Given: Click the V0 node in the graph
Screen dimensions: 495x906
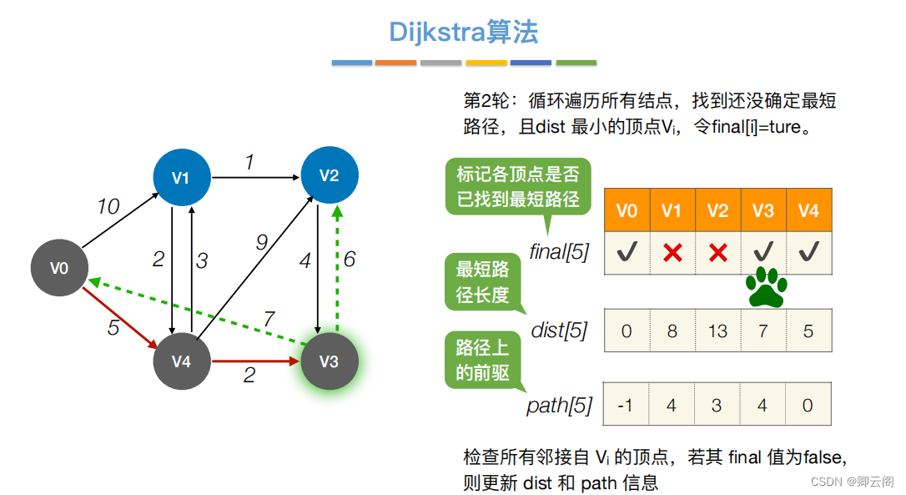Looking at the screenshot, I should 58,268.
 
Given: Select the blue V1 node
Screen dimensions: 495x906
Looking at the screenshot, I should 181,177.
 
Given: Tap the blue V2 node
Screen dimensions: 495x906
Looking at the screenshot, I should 330,175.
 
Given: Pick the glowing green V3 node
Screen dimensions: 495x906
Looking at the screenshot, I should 330,361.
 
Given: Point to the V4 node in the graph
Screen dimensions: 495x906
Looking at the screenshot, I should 181,361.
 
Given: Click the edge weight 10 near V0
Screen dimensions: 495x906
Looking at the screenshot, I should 108,206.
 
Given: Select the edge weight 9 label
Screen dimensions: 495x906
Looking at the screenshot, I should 261,243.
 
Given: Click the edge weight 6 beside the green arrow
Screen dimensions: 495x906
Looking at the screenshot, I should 349,259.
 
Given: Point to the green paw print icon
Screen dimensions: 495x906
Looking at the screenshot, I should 766,288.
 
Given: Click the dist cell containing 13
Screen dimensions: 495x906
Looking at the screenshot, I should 717,331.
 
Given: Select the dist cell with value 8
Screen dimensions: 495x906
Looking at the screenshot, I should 672,331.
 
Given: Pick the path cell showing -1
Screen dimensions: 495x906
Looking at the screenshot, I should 627,405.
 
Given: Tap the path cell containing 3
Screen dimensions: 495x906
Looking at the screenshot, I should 717,405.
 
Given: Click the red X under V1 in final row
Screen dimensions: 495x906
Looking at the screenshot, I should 672,253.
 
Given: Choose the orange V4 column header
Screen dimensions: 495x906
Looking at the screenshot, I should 808,210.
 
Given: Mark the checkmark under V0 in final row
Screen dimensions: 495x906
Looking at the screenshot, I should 627,253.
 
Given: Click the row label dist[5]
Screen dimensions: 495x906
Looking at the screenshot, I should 558,331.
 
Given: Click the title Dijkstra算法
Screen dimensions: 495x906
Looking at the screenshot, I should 464,32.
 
